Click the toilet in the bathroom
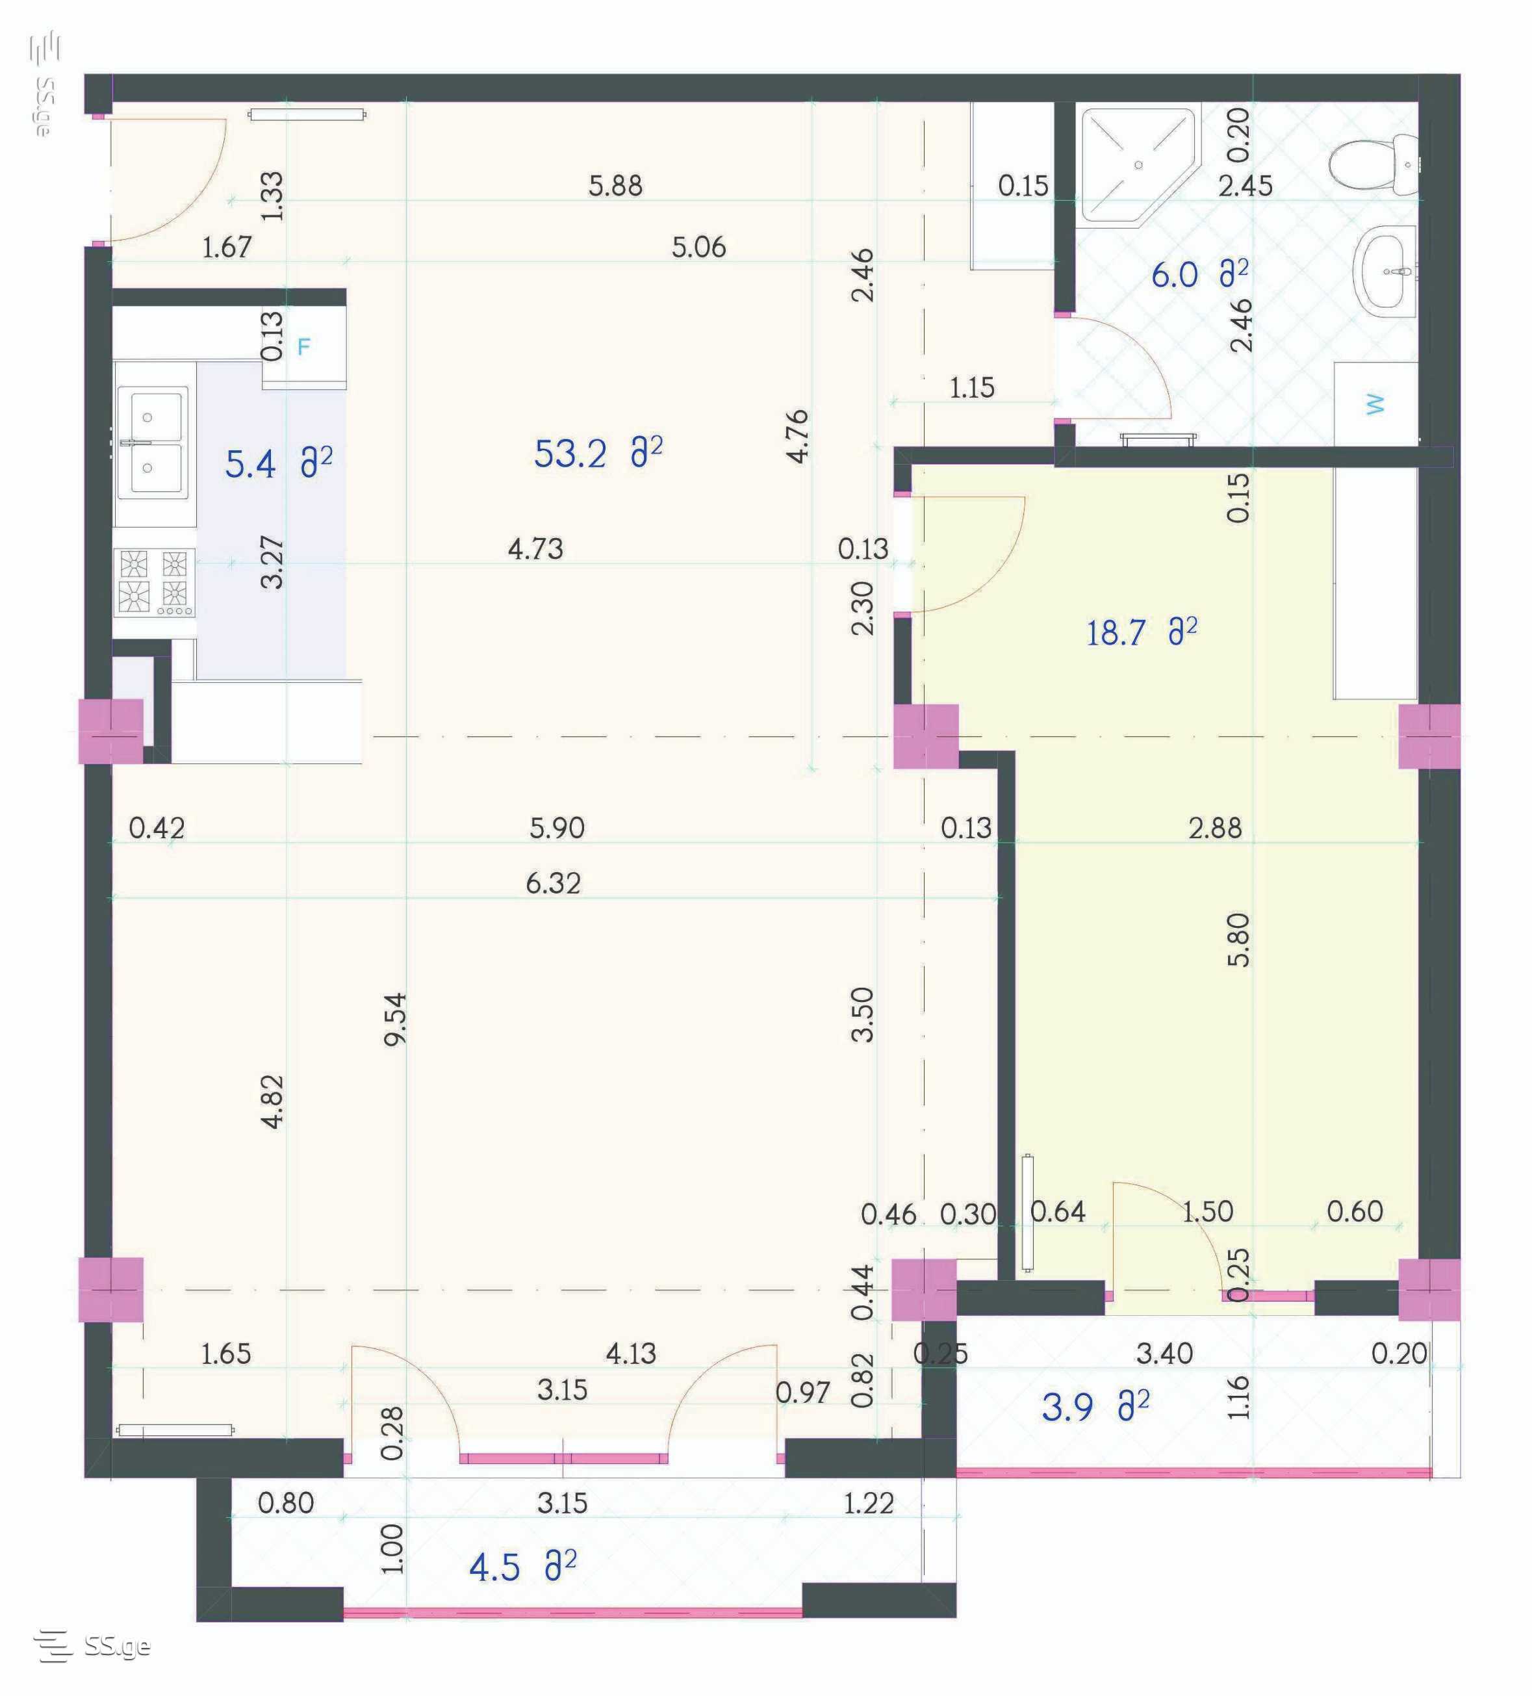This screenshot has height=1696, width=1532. [1372, 163]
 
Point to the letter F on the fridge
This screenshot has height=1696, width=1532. [303, 346]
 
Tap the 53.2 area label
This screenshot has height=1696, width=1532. [597, 453]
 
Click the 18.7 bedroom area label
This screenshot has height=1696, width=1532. [1141, 632]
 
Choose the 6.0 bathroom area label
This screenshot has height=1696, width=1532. [1199, 274]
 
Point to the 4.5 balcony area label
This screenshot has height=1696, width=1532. [522, 1567]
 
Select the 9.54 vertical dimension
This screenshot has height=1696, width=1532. [394, 1019]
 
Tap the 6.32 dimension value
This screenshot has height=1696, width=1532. [553, 883]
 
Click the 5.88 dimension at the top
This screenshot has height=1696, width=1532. [615, 186]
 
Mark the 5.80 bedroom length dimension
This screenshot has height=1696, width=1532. [1238, 940]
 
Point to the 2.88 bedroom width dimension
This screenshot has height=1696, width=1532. [1215, 829]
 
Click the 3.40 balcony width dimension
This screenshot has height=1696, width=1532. [1164, 1354]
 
